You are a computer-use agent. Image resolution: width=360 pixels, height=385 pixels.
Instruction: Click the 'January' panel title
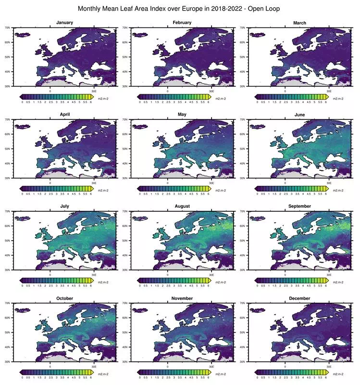pos(64,23)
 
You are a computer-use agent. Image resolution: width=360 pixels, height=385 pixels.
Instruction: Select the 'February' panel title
pos(182,23)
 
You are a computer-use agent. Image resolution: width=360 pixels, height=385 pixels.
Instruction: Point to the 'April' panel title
pos(64,115)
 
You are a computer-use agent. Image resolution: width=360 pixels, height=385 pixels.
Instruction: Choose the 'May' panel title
pos(182,115)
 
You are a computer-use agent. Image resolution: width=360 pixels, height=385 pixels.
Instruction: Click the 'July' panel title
pos(64,206)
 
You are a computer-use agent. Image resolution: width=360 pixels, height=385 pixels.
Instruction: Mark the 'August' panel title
pos(182,206)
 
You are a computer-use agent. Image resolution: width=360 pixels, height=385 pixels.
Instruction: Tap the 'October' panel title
pos(64,298)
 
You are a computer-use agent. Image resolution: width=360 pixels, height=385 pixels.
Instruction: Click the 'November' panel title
pos(182,298)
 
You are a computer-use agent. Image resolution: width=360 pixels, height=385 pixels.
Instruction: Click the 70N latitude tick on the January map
pos(9,28)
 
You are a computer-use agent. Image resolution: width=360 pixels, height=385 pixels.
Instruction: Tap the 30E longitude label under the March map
pos(329,91)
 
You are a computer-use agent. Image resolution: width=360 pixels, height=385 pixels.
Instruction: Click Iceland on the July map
pos(22,218)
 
